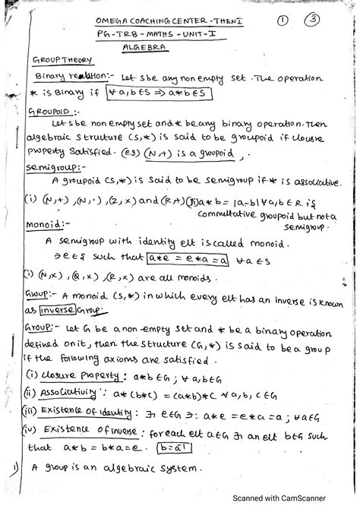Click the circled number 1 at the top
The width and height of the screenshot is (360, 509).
[x=282, y=22]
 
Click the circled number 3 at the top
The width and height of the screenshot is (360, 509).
[x=311, y=21]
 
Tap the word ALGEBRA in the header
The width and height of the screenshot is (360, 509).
[x=145, y=47]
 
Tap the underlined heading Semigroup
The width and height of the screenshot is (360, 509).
[x=51, y=166]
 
